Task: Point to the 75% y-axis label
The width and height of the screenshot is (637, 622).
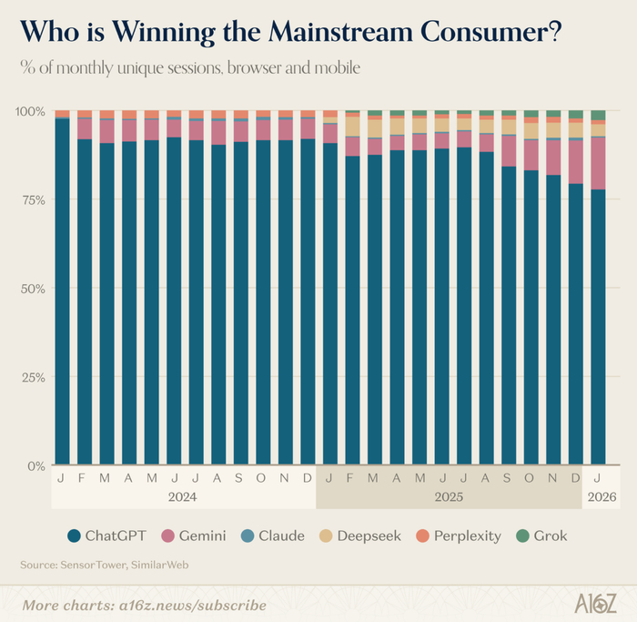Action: tap(33, 199)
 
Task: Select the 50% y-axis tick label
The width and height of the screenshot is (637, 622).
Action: tap(33, 289)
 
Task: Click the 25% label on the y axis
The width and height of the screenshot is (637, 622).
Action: tap(33, 377)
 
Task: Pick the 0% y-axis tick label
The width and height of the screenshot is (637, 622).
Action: tap(36, 465)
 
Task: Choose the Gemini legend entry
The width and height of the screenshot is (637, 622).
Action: tap(194, 535)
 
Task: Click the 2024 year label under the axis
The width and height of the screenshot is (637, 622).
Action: tap(183, 497)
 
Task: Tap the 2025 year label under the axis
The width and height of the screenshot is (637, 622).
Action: tap(449, 497)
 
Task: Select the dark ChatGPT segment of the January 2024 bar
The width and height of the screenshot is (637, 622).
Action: tap(62, 291)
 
